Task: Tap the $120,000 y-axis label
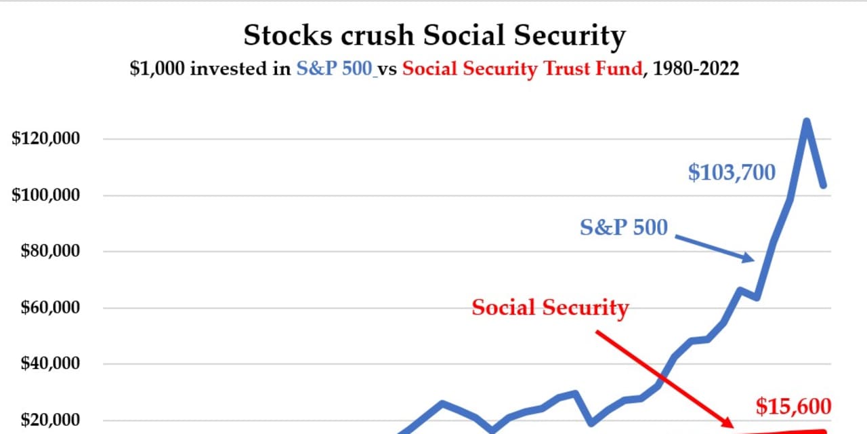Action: click(x=45, y=138)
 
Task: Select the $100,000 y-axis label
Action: click(x=45, y=195)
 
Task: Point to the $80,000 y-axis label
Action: click(x=50, y=251)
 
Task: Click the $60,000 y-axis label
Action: click(x=50, y=308)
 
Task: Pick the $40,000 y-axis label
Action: click(x=50, y=363)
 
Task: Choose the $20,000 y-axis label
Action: click(x=50, y=420)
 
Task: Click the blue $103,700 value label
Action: click(x=732, y=172)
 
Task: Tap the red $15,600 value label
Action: click(x=793, y=406)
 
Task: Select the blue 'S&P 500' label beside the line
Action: click(x=624, y=227)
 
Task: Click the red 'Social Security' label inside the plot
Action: click(x=550, y=308)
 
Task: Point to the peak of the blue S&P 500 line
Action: click(x=807, y=121)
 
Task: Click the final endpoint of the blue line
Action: click(x=824, y=185)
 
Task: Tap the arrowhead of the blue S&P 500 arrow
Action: click(x=749, y=258)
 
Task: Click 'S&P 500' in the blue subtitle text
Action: click(x=335, y=69)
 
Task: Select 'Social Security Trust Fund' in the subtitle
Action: click(x=522, y=69)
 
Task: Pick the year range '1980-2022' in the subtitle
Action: click(x=696, y=68)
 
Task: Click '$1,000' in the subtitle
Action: click(x=157, y=69)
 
